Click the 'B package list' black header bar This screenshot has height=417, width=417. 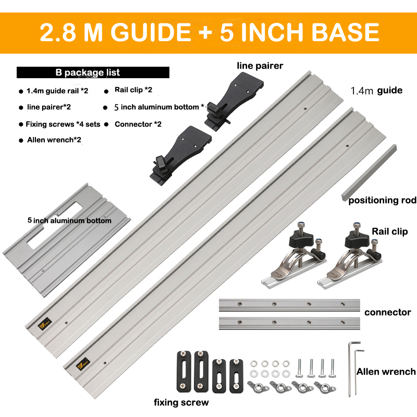pyautogui.click(x=93, y=72)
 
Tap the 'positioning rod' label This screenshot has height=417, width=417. pyautogui.click(x=382, y=200)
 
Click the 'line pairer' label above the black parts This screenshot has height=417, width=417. pyautogui.click(x=260, y=66)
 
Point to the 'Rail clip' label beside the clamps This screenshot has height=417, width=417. pyautogui.click(x=389, y=231)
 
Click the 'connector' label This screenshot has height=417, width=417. pyautogui.click(x=387, y=312)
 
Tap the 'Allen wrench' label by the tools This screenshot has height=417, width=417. pyautogui.click(x=386, y=372)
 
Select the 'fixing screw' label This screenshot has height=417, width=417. pyautogui.click(x=181, y=402)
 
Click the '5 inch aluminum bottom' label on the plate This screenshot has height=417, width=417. pyautogui.click(x=69, y=220)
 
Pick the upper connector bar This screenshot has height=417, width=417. pyautogui.click(x=289, y=305)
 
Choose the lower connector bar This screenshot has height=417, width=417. pyautogui.click(x=289, y=323)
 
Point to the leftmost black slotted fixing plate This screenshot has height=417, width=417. pyautogui.click(x=184, y=372)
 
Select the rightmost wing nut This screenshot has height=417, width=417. pyautogui.click(x=325, y=387)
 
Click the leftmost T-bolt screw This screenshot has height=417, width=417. pyautogui.click(x=299, y=368)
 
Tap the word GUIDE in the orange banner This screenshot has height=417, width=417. pyautogui.click(x=151, y=32)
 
